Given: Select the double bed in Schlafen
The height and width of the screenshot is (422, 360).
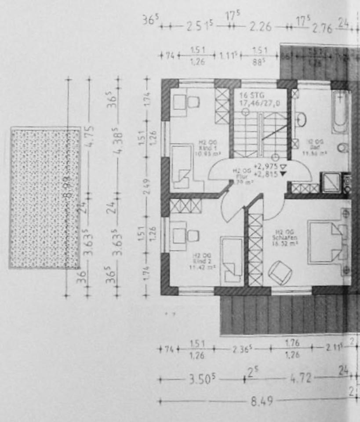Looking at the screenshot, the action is [327, 242].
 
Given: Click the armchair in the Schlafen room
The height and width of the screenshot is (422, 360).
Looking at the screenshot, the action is [280, 272].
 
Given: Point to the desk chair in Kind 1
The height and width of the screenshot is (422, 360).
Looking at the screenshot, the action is [193, 102].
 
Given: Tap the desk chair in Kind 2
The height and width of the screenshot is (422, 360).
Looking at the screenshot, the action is [193, 236].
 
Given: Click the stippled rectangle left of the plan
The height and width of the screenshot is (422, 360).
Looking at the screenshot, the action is [45, 197].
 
